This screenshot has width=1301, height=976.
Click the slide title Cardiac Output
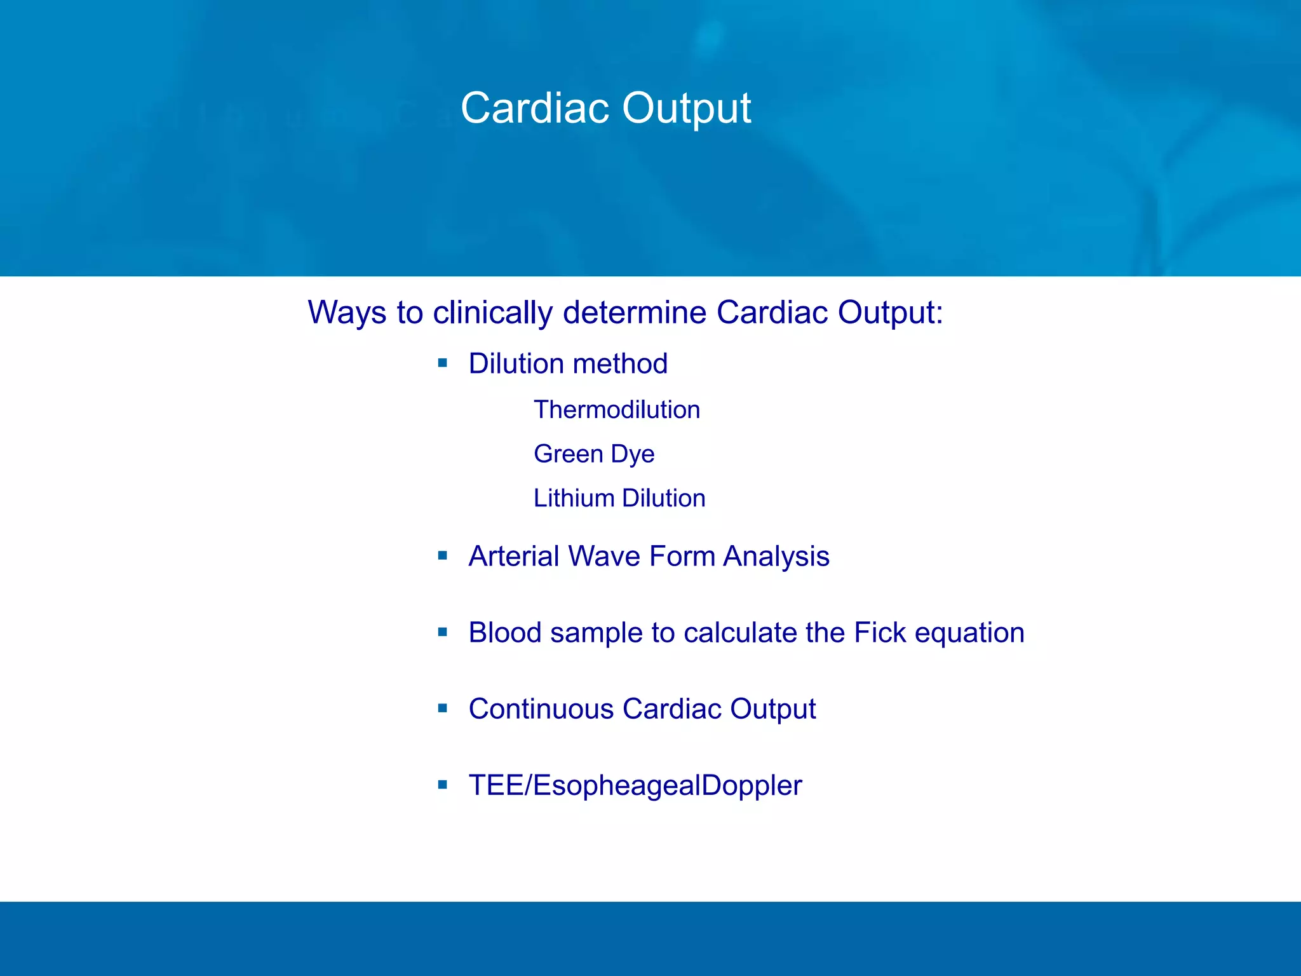click(605, 108)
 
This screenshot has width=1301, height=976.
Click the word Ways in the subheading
click(346, 313)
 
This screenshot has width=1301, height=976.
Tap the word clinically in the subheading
click(493, 313)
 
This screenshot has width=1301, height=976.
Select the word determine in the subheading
click(635, 313)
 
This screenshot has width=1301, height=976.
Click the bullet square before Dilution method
click(443, 363)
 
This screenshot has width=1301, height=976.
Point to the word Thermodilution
click(616, 410)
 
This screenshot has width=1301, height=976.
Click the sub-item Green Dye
click(593, 454)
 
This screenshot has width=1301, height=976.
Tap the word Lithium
click(574, 498)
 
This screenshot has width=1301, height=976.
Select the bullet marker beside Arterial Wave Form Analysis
click(443, 556)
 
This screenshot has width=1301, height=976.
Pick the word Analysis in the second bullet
click(776, 556)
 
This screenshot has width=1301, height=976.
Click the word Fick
click(880, 633)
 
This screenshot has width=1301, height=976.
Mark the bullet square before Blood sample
click(443, 632)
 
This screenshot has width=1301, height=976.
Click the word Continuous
click(541, 709)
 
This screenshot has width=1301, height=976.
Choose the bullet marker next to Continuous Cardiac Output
click(443, 708)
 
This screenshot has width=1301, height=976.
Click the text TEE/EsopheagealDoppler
click(635, 786)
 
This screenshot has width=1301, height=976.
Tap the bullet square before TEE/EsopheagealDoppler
click(443, 785)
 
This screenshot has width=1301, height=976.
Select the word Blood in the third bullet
click(504, 633)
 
